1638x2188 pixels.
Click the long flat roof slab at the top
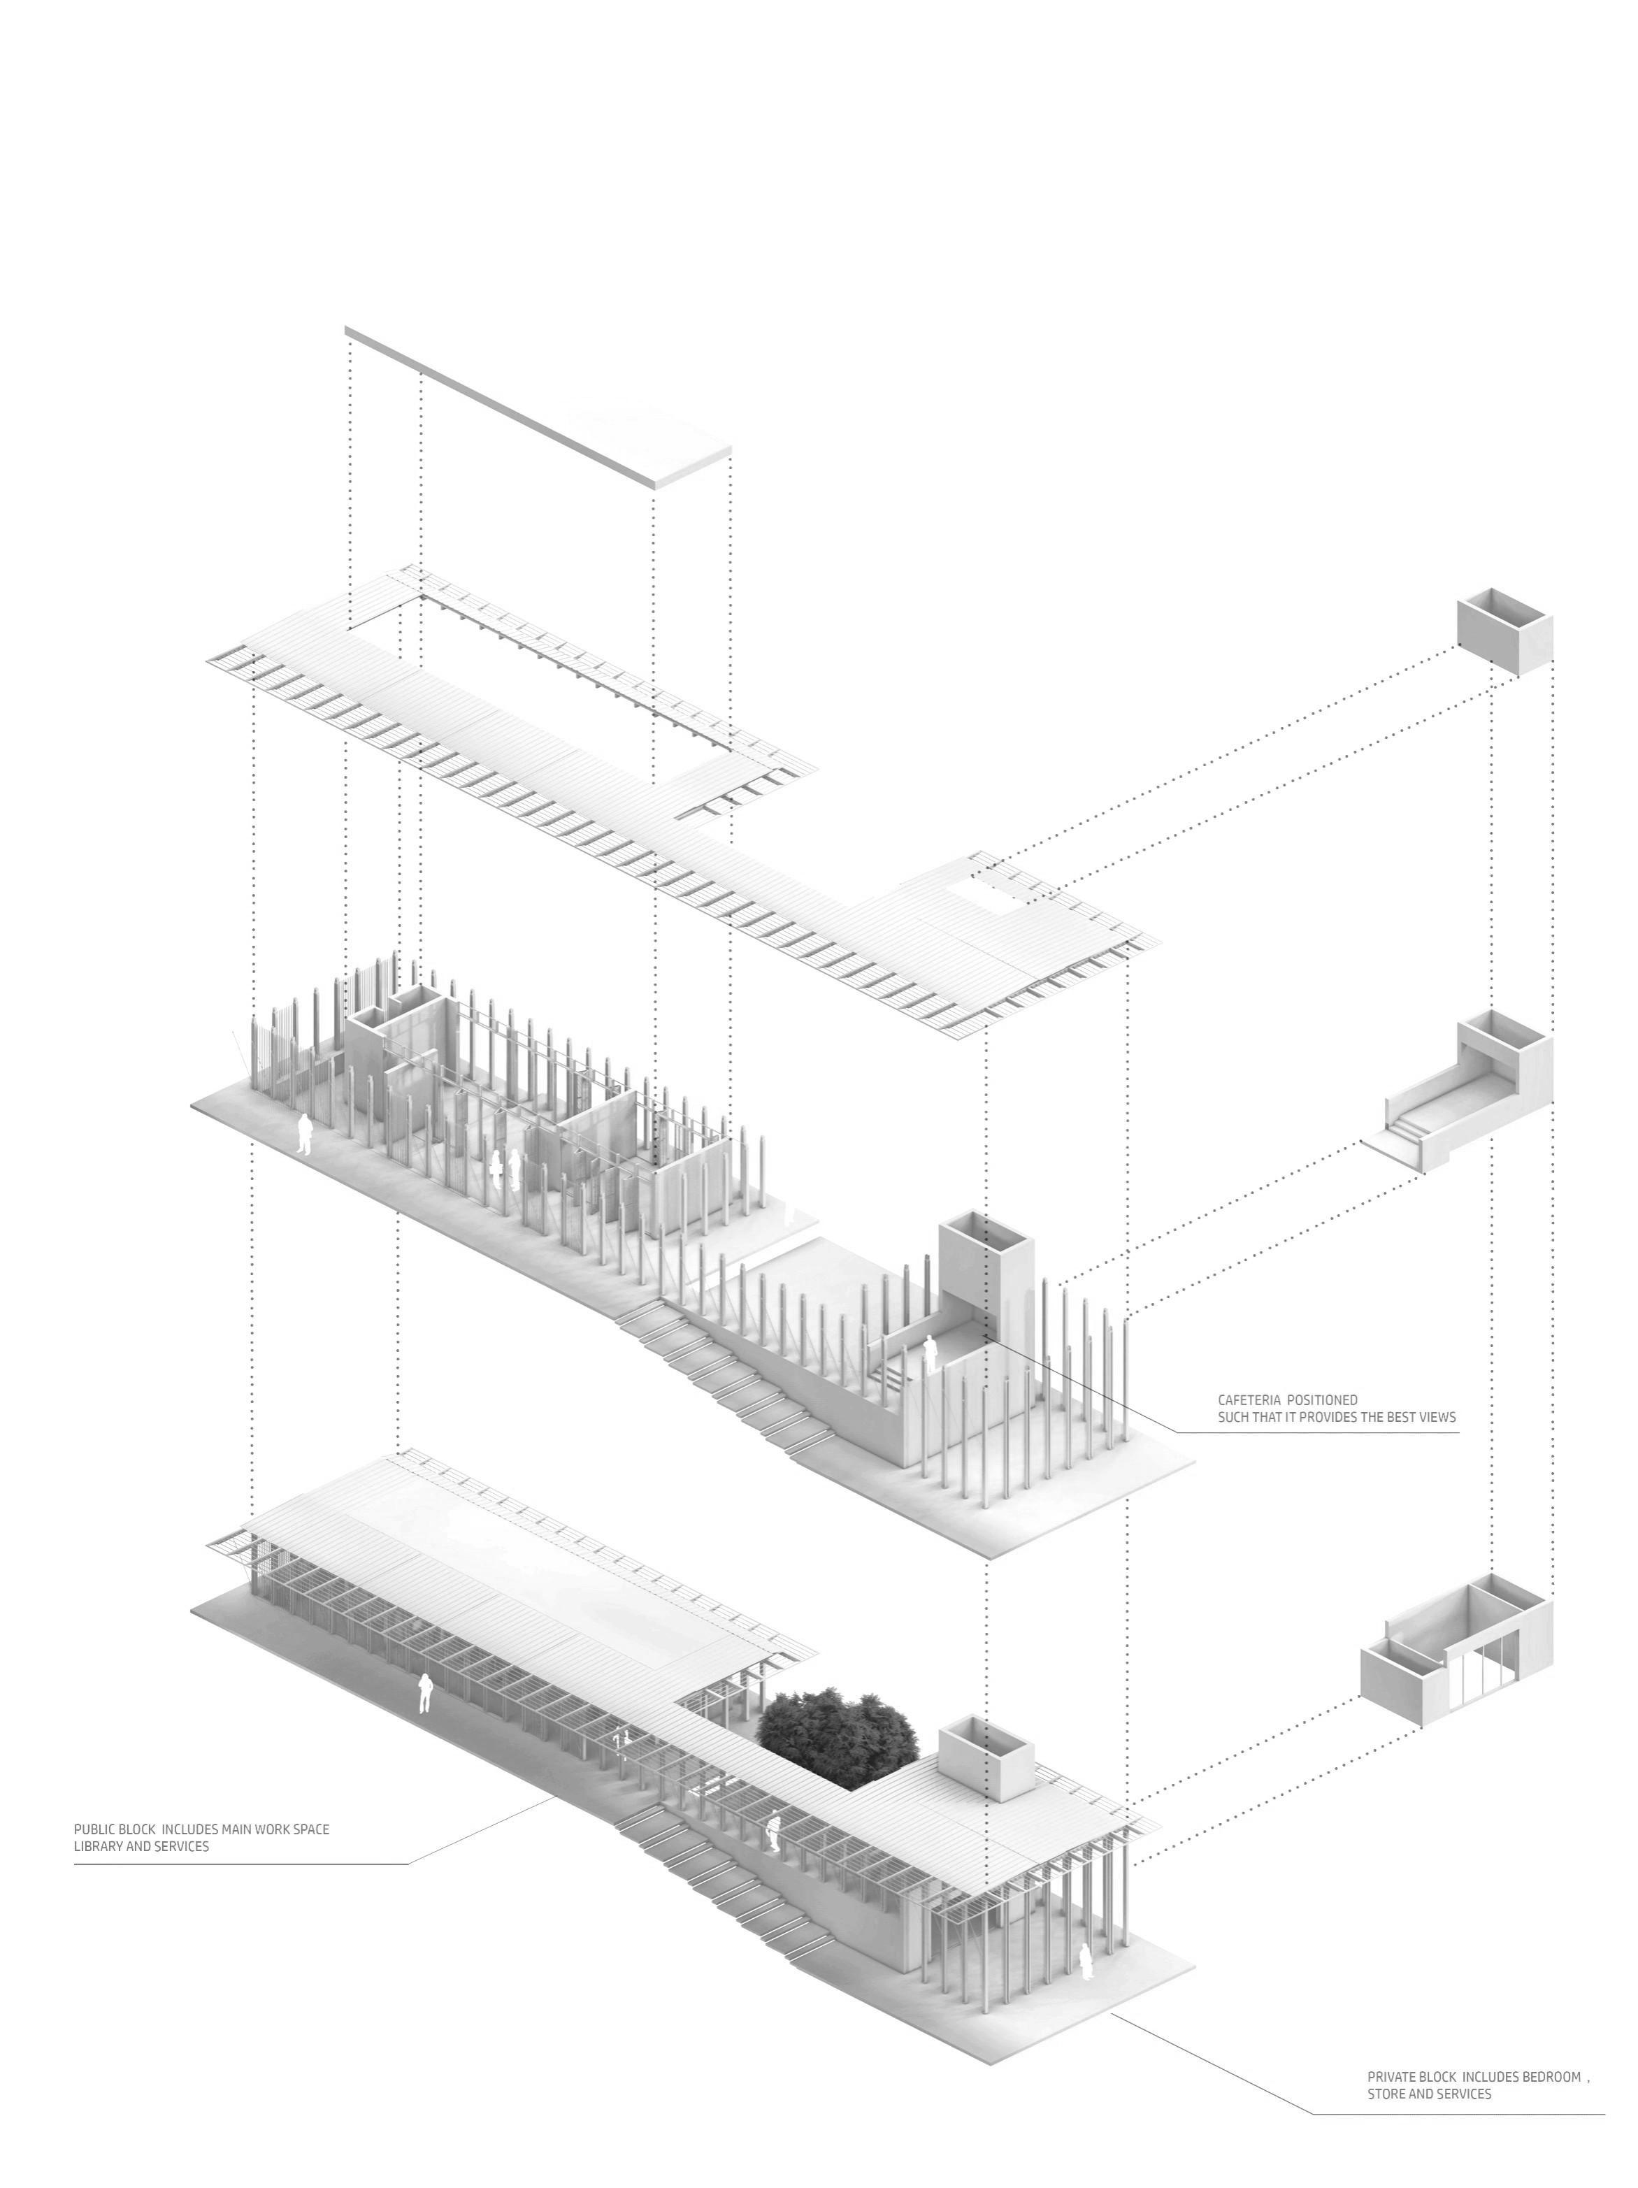[539, 405]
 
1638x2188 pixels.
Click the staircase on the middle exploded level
[722, 1375]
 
